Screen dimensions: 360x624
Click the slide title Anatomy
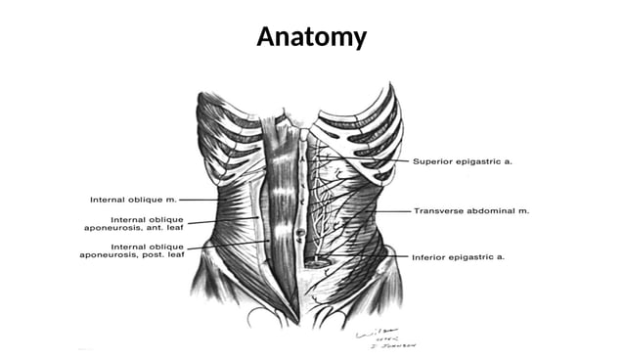(311, 37)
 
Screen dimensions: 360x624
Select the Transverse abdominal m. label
(469, 210)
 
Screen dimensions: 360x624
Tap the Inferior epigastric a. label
(458, 257)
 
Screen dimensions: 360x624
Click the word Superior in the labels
(433, 159)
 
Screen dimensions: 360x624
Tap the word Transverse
(437, 210)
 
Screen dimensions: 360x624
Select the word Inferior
(428, 257)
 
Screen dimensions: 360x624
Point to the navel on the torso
(298, 233)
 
